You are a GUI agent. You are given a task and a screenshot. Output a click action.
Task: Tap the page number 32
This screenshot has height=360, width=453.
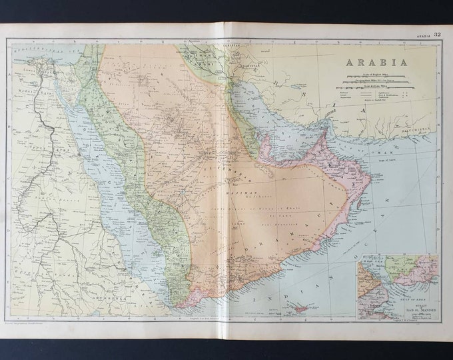(x=437, y=34)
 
